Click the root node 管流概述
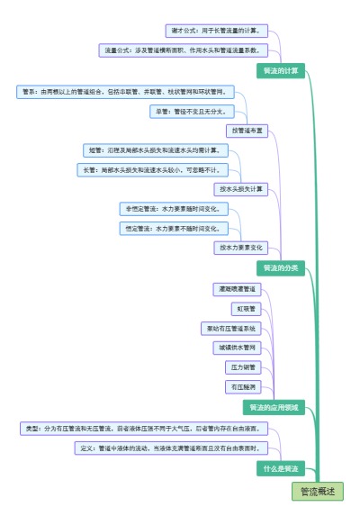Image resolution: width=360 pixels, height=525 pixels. click(x=317, y=492)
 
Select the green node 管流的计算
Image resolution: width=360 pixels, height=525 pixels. click(x=282, y=70)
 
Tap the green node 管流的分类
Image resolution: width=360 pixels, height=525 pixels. click(x=282, y=268)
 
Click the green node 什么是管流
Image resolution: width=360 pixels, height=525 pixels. click(x=282, y=469)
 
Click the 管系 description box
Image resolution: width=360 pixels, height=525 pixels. click(x=128, y=91)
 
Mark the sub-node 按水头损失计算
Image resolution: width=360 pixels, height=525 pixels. click(x=241, y=189)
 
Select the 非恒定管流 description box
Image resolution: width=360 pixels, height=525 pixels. click(x=172, y=208)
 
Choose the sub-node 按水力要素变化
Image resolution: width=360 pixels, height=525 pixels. click(x=241, y=247)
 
